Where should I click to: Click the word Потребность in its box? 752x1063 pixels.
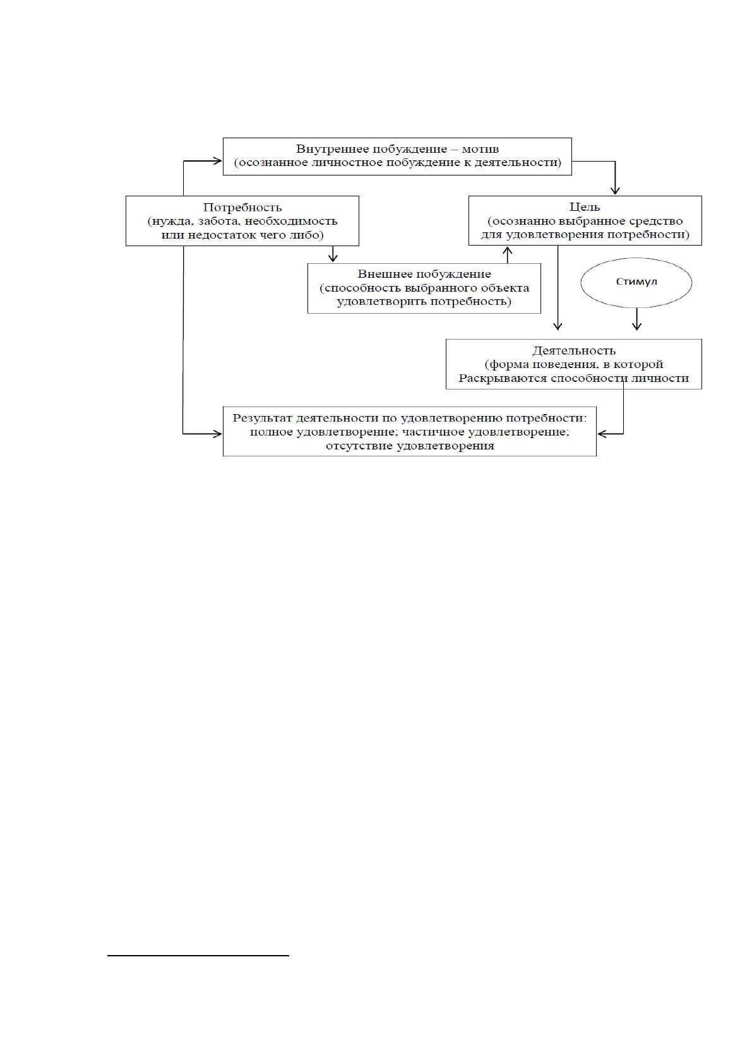coord(242,208)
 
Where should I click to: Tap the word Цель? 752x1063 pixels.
coord(585,207)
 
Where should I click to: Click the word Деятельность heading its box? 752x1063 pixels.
coord(573,351)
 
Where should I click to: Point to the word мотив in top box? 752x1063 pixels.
coord(480,149)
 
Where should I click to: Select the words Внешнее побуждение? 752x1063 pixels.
coord(424,275)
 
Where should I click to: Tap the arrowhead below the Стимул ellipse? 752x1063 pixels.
coord(636,326)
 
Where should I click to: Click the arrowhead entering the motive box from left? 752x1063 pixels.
coord(217,161)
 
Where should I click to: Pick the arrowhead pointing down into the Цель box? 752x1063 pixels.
coord(615,191)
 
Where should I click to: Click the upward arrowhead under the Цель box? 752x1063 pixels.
coord(508,250)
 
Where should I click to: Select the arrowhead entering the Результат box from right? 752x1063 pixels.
coord(602,434)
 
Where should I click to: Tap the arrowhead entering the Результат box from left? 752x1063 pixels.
coord(217,434)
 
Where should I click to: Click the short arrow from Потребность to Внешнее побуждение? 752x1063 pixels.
coord(333,254)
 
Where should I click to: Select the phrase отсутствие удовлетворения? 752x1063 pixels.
coord(410,446)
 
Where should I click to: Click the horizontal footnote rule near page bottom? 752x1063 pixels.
coord(198,955)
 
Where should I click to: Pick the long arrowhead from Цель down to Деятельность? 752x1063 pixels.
coord(558,326)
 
